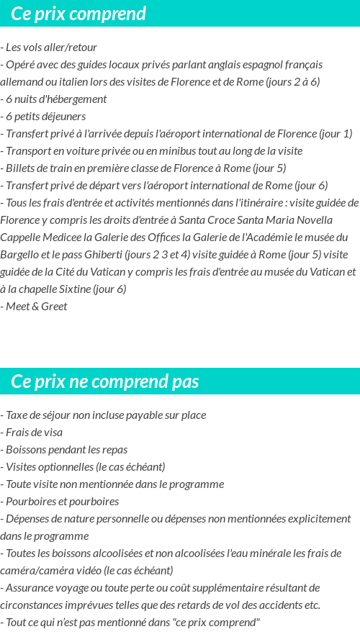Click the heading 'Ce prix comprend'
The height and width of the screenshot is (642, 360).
[x=78, y=14]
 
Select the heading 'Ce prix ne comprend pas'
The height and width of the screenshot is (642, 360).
[x=105, y=381]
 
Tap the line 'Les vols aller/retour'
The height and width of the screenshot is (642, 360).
[x=51, y=47]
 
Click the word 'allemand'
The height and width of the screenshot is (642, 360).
[x=22, y=81]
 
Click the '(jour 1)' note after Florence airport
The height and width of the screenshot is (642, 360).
[x=336, y=133]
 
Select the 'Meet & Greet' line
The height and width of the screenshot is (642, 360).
[x=36, y=306]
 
